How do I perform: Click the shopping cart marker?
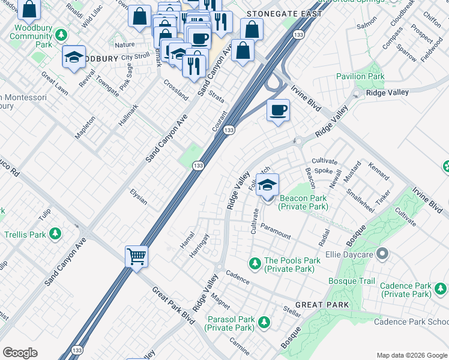pyautogui.click(x=136, y=257)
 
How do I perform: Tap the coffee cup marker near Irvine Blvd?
pyautogui.click(x=278, y=111)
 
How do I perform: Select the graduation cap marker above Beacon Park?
pyautogui.click(x=267, y=185)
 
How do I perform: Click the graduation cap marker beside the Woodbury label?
pyautogui.click(x=73, y=57)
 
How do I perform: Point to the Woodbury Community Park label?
pyautogui.click(x=32, y=36)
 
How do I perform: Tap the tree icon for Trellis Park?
pyautogui.click(x=56, y=233)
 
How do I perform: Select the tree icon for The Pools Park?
pyautogui.click(x=255, y=262)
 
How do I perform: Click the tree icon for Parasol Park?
pyautogui.click(x=263, y=323)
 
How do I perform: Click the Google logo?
pyautogui.click(x=20, y=353)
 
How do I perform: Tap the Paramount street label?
pyautogui.click(x=275, y=235)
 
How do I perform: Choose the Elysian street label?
pyautogui.click(x=139, y=196)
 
